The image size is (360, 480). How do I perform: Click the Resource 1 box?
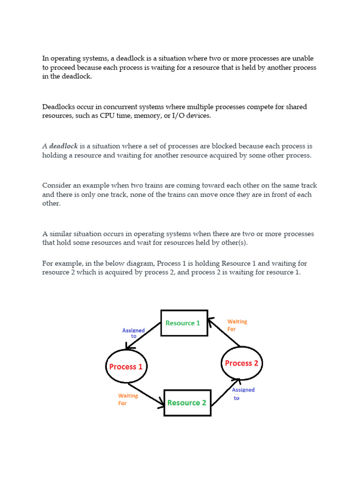(x=184, y=323)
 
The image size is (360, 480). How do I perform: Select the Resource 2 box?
(x=187, y=403)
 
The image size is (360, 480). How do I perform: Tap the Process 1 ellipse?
(x=126, y=367)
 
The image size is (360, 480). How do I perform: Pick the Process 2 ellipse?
(x=241, y=363)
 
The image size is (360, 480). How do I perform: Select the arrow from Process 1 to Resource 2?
(x=147, y=395)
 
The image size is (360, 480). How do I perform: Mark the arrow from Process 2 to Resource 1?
(x=224, y=333)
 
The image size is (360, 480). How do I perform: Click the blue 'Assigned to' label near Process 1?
(x=134, y=333)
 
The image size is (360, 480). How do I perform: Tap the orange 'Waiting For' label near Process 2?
(x=237, y=325)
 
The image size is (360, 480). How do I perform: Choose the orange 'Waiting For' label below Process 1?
(x=127, y=399)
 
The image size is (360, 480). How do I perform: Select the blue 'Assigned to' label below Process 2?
(x=243, y=394)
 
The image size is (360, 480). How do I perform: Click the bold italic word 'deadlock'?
(x=64, y=146)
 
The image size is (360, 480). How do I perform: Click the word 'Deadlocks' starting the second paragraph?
(x=59, y=107)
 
